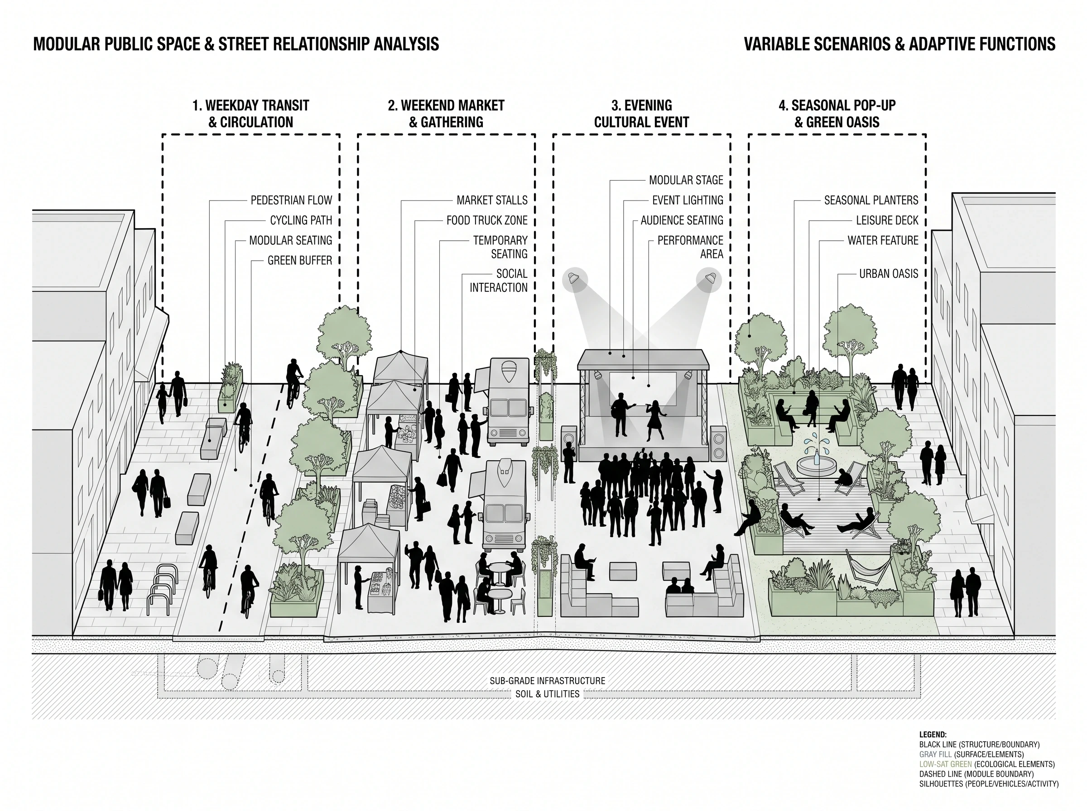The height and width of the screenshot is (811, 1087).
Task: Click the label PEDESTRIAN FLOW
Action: pyautogui.click(x=291, y=200)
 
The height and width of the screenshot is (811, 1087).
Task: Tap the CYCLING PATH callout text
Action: pyautogui.click(x=301, y=220)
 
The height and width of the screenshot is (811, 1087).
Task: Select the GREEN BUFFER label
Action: pyautogui.click(x=300, y=261)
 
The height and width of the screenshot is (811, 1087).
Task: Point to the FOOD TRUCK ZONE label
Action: pyautogui.click(x=487, y=220)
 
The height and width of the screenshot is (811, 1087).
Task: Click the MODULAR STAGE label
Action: pyautogui.click(x=686, y=180)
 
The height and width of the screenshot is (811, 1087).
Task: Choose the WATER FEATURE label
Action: pyautogui.click(x=883, y=241)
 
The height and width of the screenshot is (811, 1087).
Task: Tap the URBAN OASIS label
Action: pyautogui.click(x=889, y=274)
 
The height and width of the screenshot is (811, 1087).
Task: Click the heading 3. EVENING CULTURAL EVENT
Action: pyautogui.click(x=641, y=114)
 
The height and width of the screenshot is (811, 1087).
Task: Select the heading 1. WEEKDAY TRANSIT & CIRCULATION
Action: pyautogui.click(x=250, y=114)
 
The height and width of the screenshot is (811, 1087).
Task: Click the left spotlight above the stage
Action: pyautogui.click(x=575, y=280)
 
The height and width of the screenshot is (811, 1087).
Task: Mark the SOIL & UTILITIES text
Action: pyautogui.click(x=547, y=694)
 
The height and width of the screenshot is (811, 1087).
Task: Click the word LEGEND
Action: pyautogui.click(x=933, y=735)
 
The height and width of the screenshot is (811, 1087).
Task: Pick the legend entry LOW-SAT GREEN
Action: pyautogui.click(x=946, y=764)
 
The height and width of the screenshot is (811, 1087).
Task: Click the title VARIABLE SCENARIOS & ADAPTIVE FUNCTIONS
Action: pyautogui.click(x=899, y=44)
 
